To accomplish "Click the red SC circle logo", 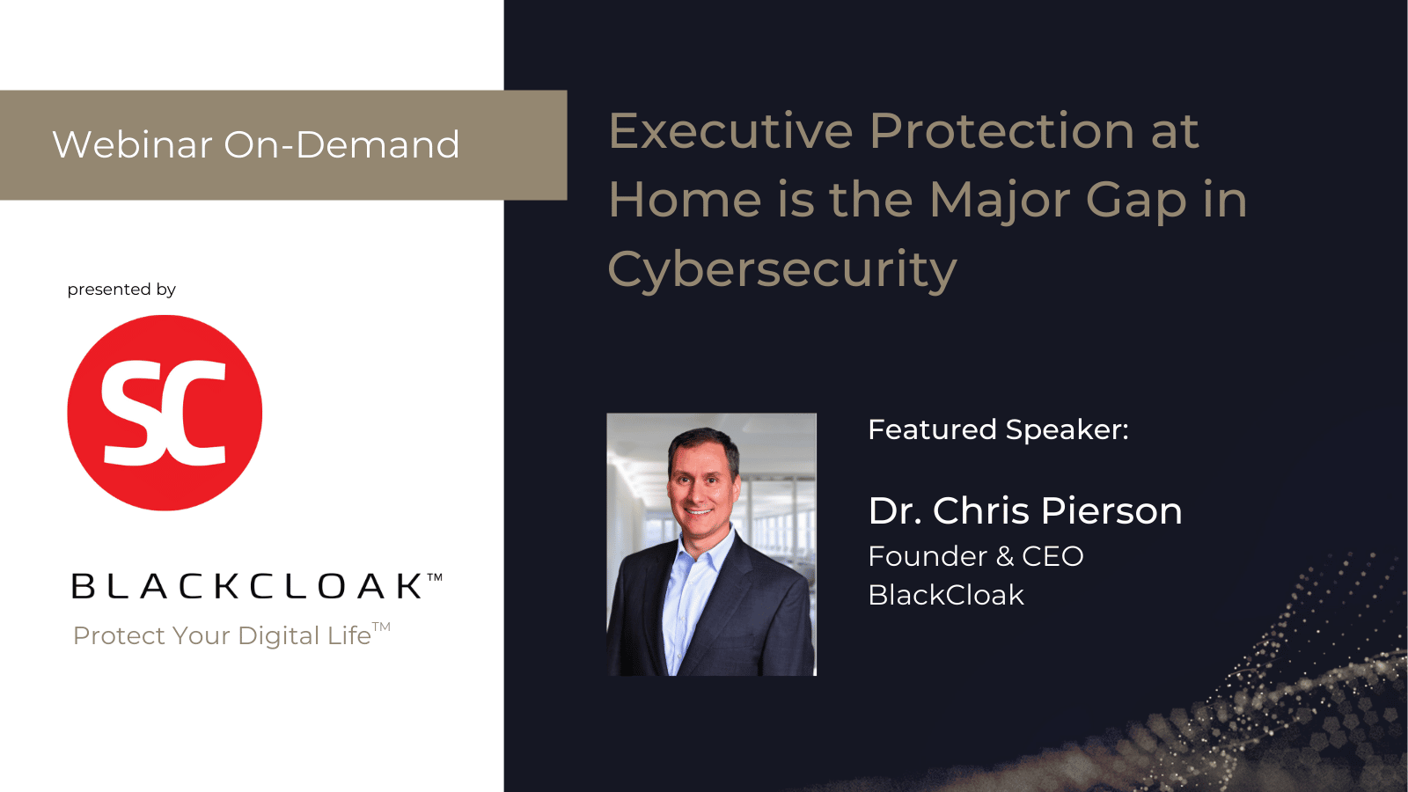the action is pos(165,413).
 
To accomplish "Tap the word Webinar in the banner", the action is pos(133,144).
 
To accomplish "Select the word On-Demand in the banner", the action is pos(342,144).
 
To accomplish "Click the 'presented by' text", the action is pos(121,290).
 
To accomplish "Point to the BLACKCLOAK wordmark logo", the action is pos(256,585).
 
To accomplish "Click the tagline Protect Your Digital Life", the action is pos(231,634).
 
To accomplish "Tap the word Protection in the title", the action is pos(1002,131).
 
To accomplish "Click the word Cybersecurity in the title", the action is pos(782,270).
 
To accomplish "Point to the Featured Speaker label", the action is pos(998,430).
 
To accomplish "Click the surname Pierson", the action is pos(1111,510).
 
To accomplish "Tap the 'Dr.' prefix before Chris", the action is pos(895,510).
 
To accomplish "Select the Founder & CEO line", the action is pos(976,556).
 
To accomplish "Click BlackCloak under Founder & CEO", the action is pos(946,595).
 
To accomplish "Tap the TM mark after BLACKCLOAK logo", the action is pos(435,576).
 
